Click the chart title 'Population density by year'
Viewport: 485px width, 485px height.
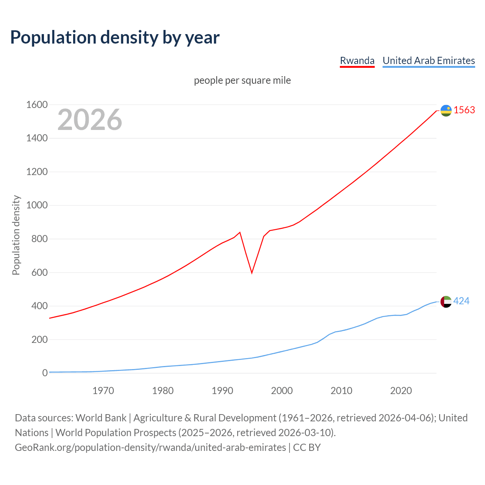coord(115,37)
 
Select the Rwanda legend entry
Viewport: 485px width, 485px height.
coord(357,61)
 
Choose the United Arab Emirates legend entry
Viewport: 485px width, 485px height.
coord(429,61)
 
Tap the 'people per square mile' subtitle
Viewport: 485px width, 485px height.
coord(242,80)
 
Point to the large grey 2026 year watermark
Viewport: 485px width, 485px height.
coord(90,120)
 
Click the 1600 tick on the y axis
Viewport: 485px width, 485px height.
coord(37,105)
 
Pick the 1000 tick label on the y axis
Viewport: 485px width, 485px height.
coord(37,205)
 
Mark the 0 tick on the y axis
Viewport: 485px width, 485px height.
coord(45,373)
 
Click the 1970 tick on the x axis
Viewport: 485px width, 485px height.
coord(103,391)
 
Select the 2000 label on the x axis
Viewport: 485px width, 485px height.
coord(282,391)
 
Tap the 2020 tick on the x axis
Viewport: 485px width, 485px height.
coord(401,391)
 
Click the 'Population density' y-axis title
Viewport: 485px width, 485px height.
coord(16,235)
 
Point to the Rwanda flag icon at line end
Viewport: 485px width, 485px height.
coord(446,110)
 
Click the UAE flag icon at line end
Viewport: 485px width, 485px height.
coord(446,302)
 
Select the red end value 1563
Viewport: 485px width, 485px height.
coord(464,110)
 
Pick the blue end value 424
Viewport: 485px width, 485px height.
coord(461,301)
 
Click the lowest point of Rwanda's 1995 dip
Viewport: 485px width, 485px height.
coord(252,273)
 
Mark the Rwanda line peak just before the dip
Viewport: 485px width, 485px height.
coord(240,232)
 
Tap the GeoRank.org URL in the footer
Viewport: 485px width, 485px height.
coord(150,447)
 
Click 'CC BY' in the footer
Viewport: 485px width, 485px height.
coord(307,447)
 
